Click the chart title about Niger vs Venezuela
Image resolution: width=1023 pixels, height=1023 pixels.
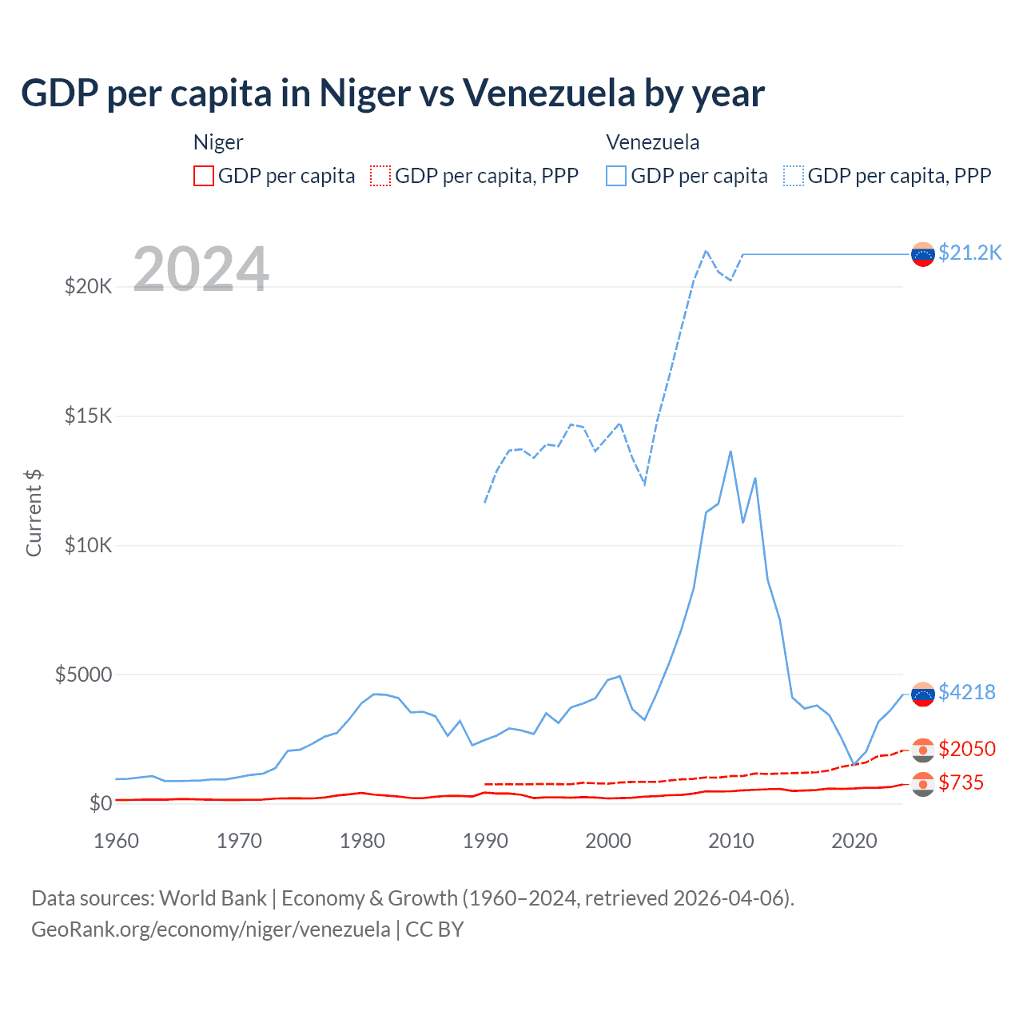[x=392, y=94]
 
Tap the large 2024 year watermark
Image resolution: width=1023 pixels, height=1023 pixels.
[x=201, y=269]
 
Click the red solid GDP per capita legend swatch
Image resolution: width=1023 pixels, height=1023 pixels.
[x=204, y=176]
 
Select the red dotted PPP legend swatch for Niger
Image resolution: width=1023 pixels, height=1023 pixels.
[x=380, y=176]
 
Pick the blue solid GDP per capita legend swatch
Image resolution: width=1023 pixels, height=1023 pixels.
[x=616, y=176]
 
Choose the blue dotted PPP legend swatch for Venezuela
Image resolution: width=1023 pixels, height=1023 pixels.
[x=794, y=176]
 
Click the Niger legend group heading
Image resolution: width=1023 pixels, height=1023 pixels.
[x=218, y=142]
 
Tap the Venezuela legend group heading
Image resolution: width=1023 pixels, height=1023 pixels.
[x=652, y=142]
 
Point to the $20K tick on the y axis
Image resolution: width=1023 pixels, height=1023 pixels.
[x=88, y=286]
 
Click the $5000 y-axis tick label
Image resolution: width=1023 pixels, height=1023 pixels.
[x=83, y=675]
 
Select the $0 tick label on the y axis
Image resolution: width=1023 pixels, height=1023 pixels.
[x=100, y=803]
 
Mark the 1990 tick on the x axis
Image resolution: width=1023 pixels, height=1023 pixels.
[x=485, y=841]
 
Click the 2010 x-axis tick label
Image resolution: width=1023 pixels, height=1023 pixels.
[x=731, y=841]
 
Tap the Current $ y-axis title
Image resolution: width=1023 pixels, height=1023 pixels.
[x=34, y=512]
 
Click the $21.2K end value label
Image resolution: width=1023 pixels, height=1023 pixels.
[x=969, y=253]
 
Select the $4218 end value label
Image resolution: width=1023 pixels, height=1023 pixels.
[x=967, y=692]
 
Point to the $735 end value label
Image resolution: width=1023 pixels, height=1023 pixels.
[x=961, y=782]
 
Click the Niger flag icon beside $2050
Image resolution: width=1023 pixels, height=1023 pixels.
[x=923, y=750]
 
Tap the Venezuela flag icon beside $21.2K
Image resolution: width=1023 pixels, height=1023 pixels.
[x=923, y=254]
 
